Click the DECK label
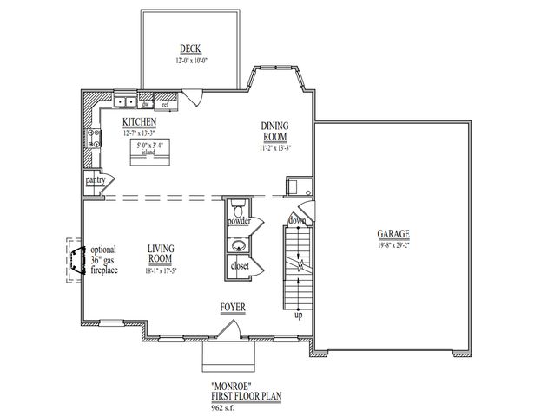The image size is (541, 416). pos(190,49)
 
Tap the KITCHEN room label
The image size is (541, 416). pos(139,122)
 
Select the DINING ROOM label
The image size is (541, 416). pos(274,131)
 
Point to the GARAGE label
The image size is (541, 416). pos(393,234)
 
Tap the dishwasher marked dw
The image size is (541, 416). pos(147,104)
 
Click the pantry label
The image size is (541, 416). pos(95,179)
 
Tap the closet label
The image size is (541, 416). pos(240,266)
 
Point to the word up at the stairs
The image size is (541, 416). pos(298,315)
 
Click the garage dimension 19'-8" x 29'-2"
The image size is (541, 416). pos(393,245)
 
